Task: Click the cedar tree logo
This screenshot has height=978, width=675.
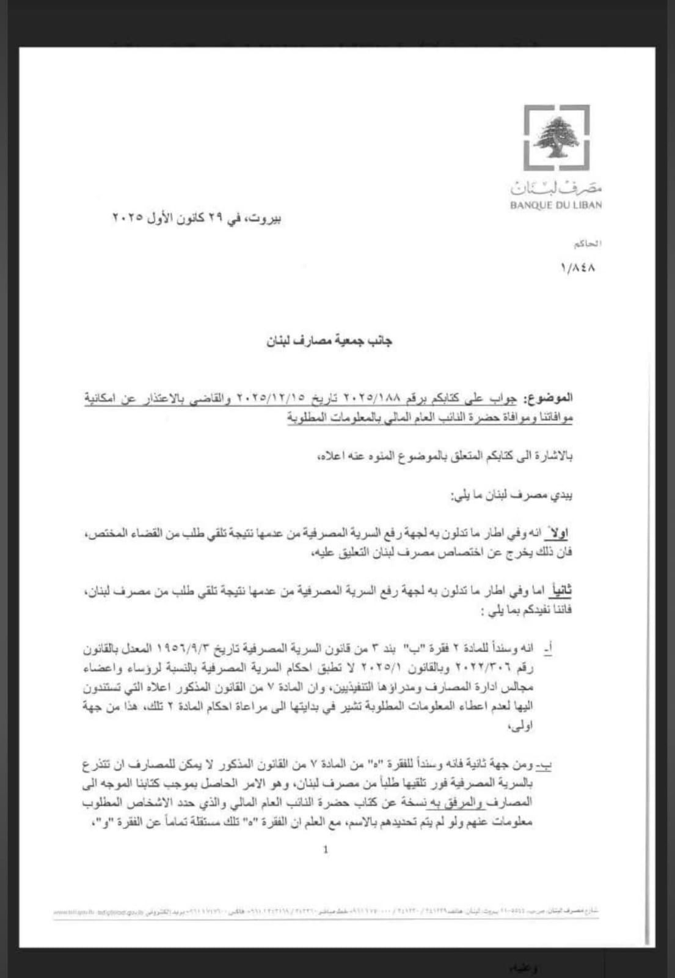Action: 556,138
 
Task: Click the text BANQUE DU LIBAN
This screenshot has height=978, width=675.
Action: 556,205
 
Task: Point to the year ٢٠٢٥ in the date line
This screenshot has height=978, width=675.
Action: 127,218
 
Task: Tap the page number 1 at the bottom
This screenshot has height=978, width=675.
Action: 326,848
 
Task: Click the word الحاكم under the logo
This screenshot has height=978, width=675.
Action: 587,244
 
